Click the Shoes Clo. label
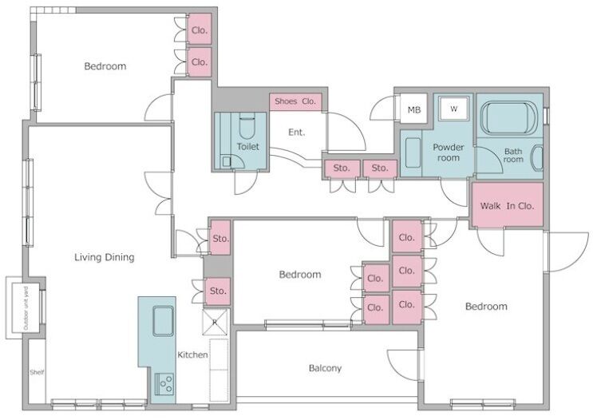click(295, 101)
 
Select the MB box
click(413, 109)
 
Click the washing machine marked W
click(454, 109)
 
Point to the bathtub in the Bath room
click(508, 117)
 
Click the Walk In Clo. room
click(507, 205)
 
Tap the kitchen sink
click(164, 321)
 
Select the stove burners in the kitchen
click(164, 384)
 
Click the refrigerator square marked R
click(215, 323)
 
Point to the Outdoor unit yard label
click(26, 308)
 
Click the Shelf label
click(37, 372)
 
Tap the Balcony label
click(325, 368)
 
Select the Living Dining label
click(105, 257)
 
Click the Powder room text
click(449, 153)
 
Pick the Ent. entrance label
click(297, 132)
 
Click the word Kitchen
click(192, 355)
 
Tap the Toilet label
click(248, 146)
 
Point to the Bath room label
click(513, 155)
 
